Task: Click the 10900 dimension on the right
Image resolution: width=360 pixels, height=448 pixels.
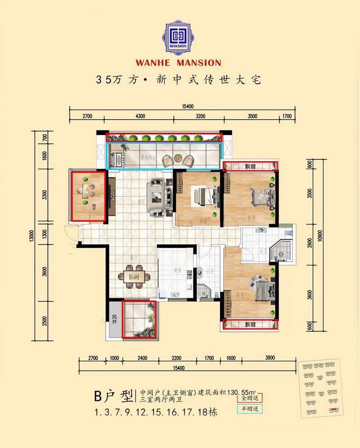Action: [x=319, y=246]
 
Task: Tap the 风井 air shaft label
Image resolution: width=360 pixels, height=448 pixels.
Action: [x=114, y=319]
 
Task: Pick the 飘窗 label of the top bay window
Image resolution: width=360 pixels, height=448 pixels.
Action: [x=250, y=166]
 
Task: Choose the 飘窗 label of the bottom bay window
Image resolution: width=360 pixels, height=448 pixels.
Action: [x=250, y=324]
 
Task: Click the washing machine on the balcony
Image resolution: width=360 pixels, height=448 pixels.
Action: [x=120, y=159]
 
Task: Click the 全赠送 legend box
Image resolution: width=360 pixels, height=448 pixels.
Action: [x=251, y=398]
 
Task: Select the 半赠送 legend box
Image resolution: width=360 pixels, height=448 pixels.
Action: [x=251, y=409]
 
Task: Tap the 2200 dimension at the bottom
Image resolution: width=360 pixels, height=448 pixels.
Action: [x=176, y=358]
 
